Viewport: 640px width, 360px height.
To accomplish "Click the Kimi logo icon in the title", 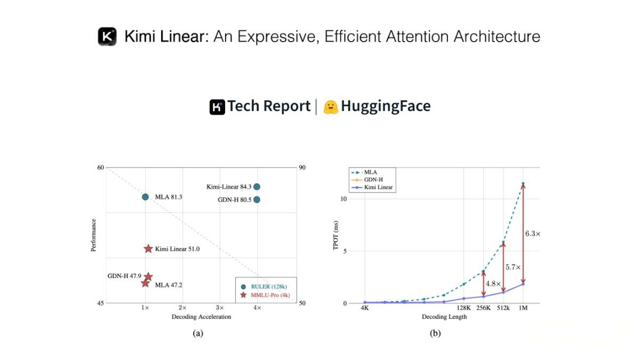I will pos(107,36).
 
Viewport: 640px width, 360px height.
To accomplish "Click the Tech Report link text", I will pos(269,106).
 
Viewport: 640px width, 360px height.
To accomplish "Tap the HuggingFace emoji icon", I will pos(331,107).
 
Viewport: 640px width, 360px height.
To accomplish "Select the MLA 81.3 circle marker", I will pos(145,197).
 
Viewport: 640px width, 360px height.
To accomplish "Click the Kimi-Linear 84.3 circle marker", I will pos(257,187).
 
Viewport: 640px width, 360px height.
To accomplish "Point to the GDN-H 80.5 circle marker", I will pos(257,199).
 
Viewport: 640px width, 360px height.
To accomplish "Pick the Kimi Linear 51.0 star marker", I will pos(148,249).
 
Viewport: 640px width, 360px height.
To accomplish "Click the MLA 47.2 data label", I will pos(169,285).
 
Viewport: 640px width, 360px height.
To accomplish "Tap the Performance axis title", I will pos(94,235).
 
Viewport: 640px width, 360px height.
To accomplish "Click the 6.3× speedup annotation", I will pos(532,234).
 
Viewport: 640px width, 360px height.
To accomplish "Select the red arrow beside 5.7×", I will pos(503,266).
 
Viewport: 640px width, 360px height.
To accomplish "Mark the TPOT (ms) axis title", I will pos(337,235).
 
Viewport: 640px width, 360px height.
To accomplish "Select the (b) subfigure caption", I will pos(436,333).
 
